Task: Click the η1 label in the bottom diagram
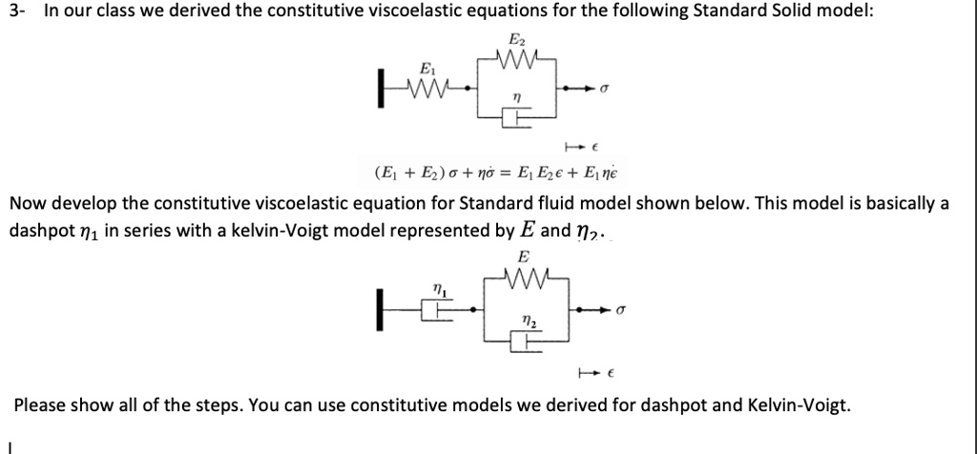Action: coord(436,287)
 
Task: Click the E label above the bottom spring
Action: coord(521,257)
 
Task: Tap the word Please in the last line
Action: coord(39,404)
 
